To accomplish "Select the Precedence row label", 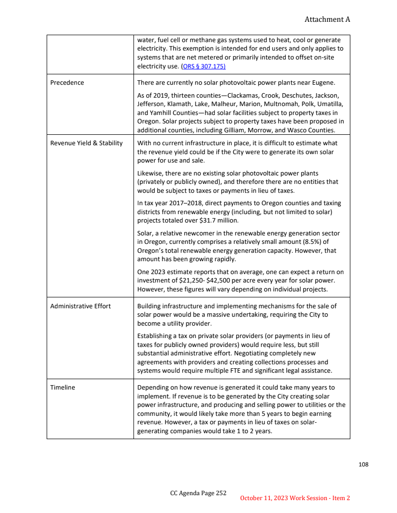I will click(67, 82).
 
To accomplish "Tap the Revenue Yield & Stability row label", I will click(86, 143).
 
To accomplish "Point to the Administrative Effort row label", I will click(80, 306).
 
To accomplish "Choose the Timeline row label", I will click(63, 387).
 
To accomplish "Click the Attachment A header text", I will click(327, 19).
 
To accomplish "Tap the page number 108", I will click(363, 464).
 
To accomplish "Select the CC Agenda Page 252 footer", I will click(198, 493).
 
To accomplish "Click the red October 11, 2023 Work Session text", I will click(295, 498).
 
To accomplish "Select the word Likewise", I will click(151, 173).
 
